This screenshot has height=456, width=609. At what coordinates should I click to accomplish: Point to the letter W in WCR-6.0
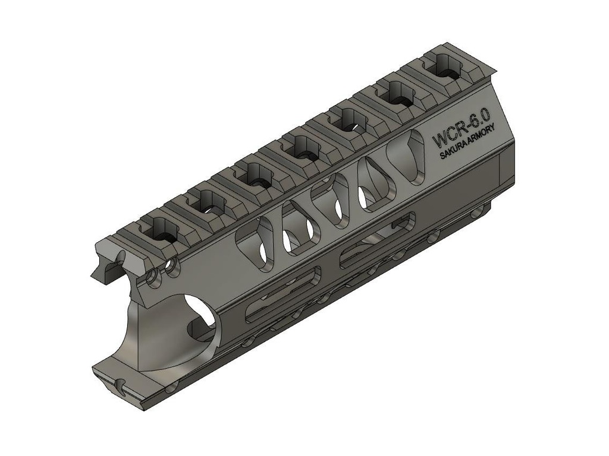click(438, 141)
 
